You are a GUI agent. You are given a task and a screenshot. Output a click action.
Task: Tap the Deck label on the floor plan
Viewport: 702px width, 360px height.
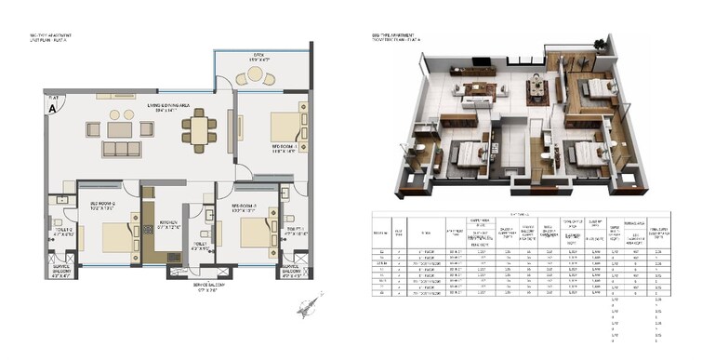coord(259,58)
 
